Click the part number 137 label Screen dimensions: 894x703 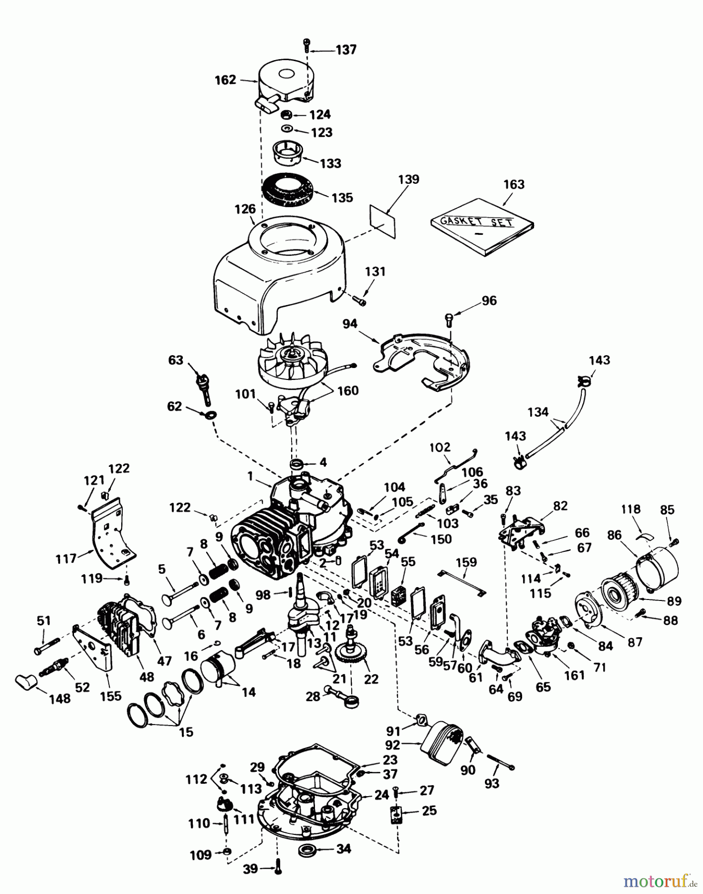(346, 50)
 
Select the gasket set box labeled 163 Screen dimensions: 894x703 (482, 226)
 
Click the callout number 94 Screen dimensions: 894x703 (350, 324)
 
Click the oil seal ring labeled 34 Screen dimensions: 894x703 (308, 850)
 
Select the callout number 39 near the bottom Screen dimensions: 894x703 (250, 868)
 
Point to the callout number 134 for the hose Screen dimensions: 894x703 (538, 412)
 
